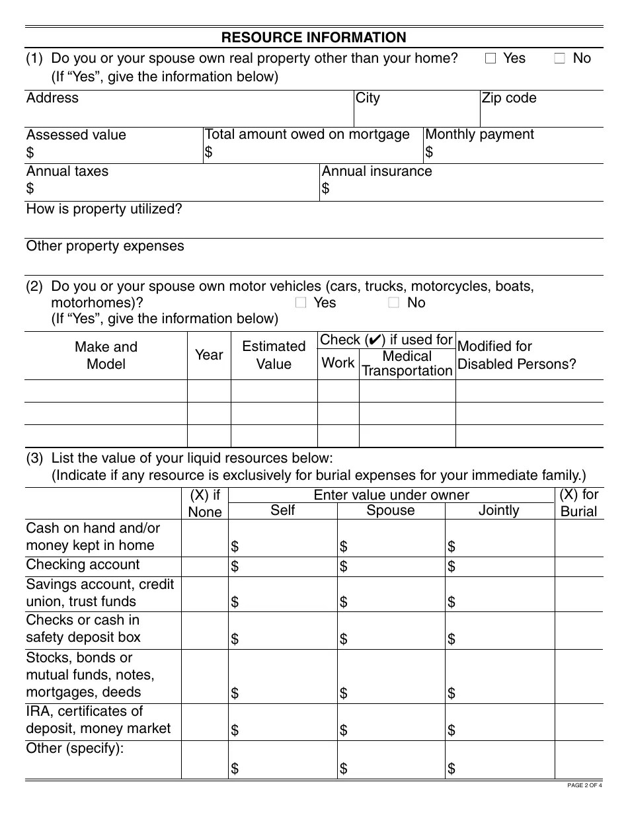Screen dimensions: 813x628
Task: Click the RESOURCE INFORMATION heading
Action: [x=314, y=38]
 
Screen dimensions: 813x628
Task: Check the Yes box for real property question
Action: [x=491, y=59]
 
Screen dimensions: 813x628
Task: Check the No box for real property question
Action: [x=560, y=59]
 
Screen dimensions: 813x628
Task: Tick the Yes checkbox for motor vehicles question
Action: [x=301, y=303]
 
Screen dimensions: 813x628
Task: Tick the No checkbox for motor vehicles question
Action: [x=394, y=303]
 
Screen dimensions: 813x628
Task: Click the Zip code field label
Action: [x=509, y=98]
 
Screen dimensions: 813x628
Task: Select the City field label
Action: [x=368, y=98]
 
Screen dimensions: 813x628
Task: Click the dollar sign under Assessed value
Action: [x=30, y=153]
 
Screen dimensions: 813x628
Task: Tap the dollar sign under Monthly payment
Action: [x=429, y=153]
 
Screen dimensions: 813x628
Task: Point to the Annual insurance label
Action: [x=376, y=171]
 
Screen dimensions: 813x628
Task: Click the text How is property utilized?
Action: [x=104, y=210]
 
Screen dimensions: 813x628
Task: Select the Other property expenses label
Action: [x=105, y=247]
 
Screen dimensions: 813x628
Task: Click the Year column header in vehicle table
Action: [x=209, y=355]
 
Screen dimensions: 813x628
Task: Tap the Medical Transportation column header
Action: [x=407, y=364]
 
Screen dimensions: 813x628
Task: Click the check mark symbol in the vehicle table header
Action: [x=373, y=340]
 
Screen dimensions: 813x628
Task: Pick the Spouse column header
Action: [x=391, y=511]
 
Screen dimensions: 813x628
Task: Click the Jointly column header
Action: [x=499, y=511]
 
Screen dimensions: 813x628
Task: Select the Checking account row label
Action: [x=83, y=565]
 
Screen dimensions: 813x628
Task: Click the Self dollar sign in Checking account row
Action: [x=235, y=566]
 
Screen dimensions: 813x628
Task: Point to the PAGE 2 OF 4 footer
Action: [x=585, y=785]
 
